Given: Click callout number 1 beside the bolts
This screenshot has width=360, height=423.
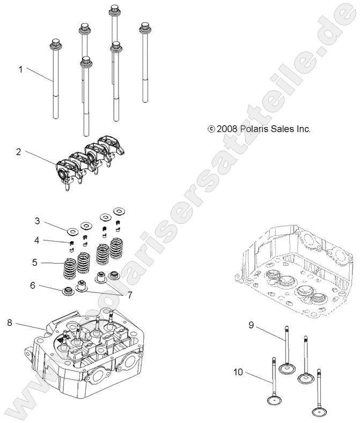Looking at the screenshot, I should pos(21,69).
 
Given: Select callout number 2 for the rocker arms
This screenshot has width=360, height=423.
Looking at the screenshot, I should pos(18,152).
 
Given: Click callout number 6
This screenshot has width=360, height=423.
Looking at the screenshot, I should pos(33,286).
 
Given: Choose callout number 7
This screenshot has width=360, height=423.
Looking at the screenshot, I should pos(129,294).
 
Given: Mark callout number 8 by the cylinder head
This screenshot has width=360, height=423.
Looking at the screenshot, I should pos(10,323).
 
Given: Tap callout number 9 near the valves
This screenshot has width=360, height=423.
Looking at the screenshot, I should pos(251,325).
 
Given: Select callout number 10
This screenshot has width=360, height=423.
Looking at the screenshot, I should pos(238,371).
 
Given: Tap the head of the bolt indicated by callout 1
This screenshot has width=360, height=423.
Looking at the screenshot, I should pos(55,43).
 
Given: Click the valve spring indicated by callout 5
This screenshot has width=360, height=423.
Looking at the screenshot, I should pos(70,268).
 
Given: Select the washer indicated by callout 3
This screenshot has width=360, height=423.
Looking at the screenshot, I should pos(72,231).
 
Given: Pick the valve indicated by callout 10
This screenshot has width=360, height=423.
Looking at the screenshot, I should pos(275,400).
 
